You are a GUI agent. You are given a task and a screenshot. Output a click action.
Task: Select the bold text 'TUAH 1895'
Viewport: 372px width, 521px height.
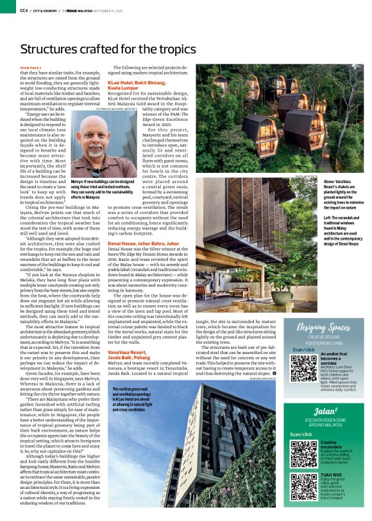point(330,473)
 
